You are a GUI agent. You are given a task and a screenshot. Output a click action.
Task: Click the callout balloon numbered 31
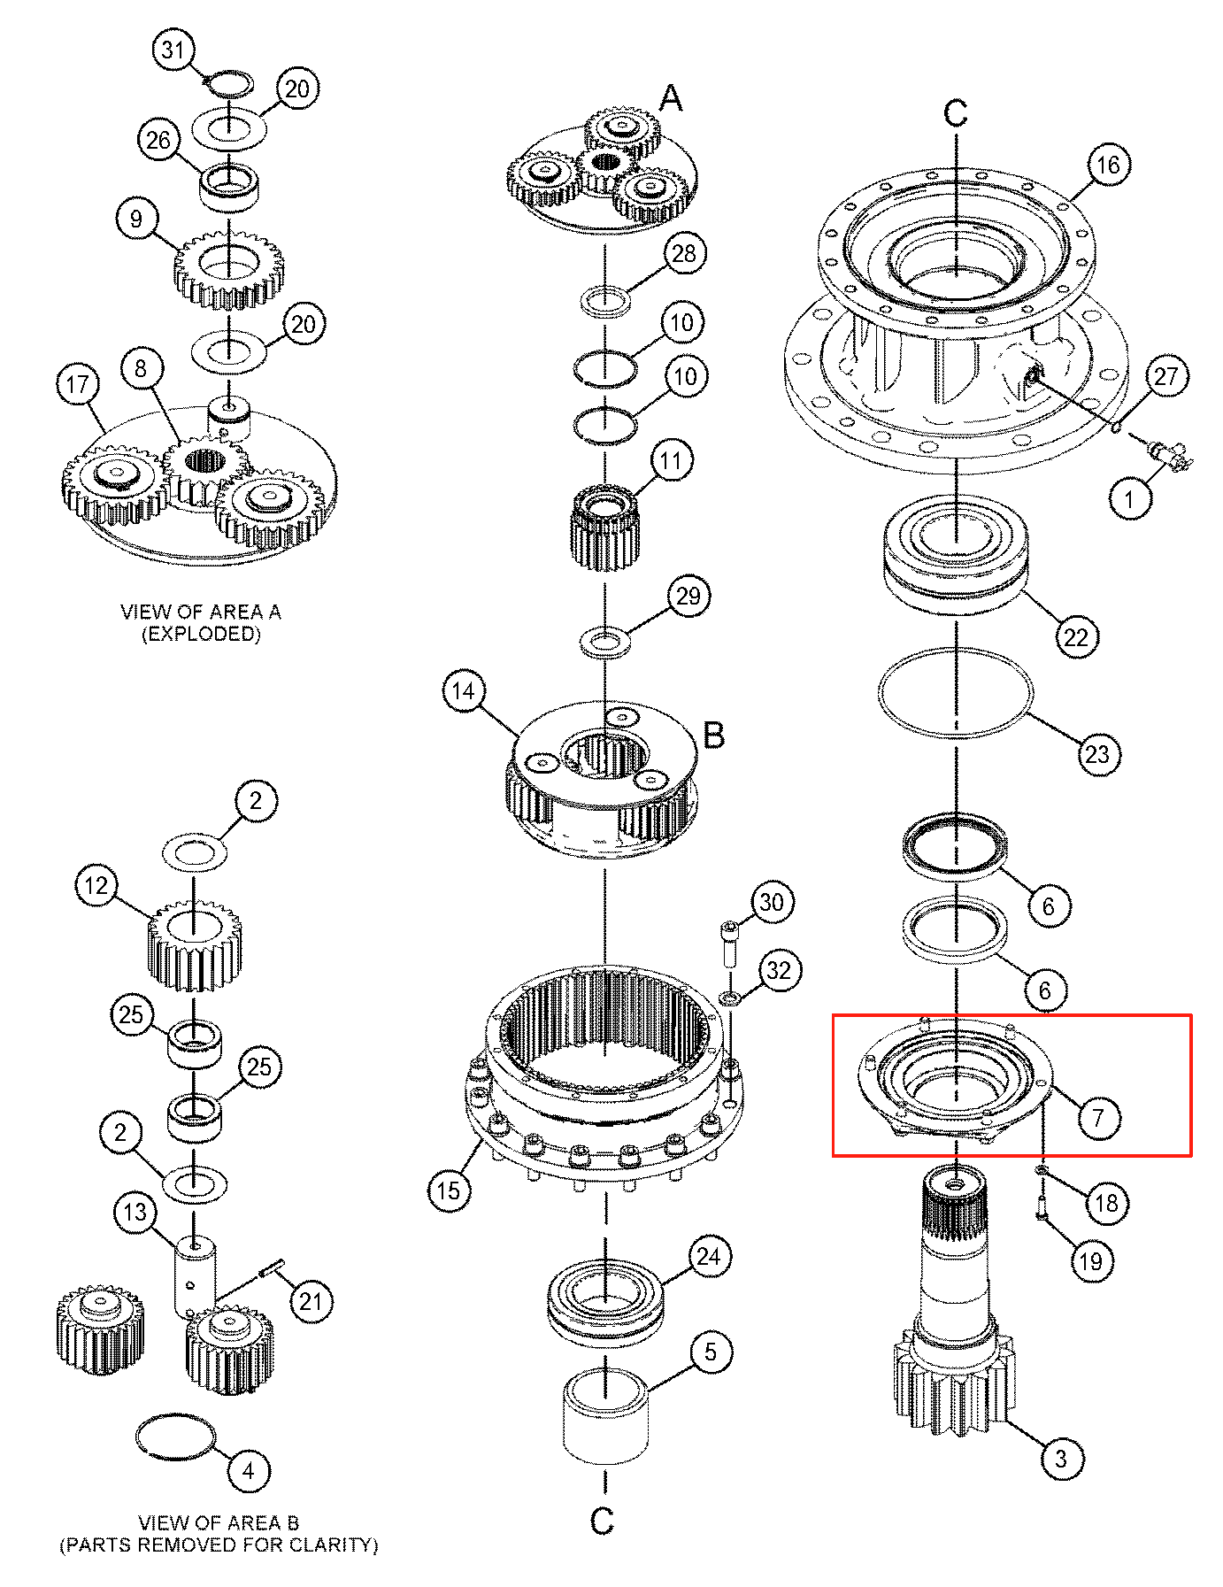click(173, 50)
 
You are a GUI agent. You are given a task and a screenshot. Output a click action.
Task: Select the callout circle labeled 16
click(1108, 165)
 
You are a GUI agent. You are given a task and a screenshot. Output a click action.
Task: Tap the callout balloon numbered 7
click(1098, 1117)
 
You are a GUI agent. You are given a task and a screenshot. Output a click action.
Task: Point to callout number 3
click(1061, 1458)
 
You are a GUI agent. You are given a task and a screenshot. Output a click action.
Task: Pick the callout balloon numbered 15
click(449, 1190)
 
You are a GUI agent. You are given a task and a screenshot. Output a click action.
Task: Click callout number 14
click(464, 691)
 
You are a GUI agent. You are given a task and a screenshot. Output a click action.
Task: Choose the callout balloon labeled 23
click(1097, 754)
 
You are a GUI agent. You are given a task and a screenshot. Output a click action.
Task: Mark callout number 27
click(1166, 376)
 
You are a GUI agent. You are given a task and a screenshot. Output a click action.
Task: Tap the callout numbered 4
click(248, 1471)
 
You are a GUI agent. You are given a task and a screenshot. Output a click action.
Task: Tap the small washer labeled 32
click(731, 998)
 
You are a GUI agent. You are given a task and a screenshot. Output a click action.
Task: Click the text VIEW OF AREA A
click(201, 612)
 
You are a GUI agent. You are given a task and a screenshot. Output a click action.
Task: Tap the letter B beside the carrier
click(714, 735)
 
